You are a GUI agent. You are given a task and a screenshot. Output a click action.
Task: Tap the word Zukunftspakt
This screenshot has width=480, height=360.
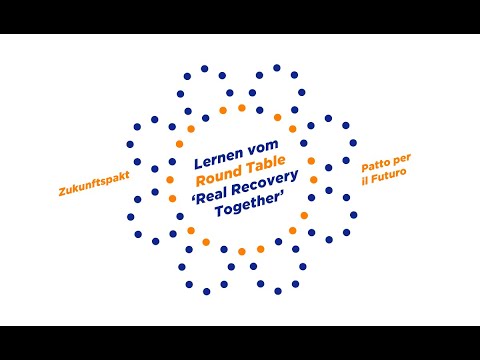pyautogui.click(x=94, y=184)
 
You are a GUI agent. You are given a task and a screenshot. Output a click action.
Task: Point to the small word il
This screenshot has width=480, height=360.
pyautogui.click(x=365, y=181)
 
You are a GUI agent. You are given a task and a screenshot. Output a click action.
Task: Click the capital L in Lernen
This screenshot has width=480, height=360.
pyautogui.click(x=199, y=163)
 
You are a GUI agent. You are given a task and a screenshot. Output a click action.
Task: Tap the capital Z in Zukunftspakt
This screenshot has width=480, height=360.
pyautogui.click(x=63, y=192)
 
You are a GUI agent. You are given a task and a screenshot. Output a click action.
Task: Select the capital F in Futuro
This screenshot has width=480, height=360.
pyautogui.click(x=375, y=178)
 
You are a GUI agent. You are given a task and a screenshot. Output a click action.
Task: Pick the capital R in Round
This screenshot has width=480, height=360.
pyautogui.click(x=201, y=180)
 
